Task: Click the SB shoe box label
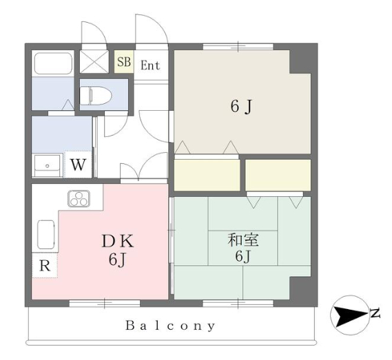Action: [x=124, y=62]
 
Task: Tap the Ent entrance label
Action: [x=150, y=65]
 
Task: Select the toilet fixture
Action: [x=96, y=96]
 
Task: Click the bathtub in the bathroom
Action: [x=53, y=63]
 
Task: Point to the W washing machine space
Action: [x=79, y=165]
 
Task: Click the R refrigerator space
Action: [x=45, y=266]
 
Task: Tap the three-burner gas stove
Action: [x=79, y=199]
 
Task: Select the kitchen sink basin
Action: [x=45, y=234]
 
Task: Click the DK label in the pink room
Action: [x=118, y=242]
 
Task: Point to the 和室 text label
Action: [x=243, y=240]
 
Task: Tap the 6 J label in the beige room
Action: [x=241, y=107]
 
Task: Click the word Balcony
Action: [x=170, y=326]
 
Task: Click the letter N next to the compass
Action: [x=375, y=313]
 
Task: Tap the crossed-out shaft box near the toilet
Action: [x=94, y=62]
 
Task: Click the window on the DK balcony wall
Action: [x=104, y=304]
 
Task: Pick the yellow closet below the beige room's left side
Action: [x=207, y=175]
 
